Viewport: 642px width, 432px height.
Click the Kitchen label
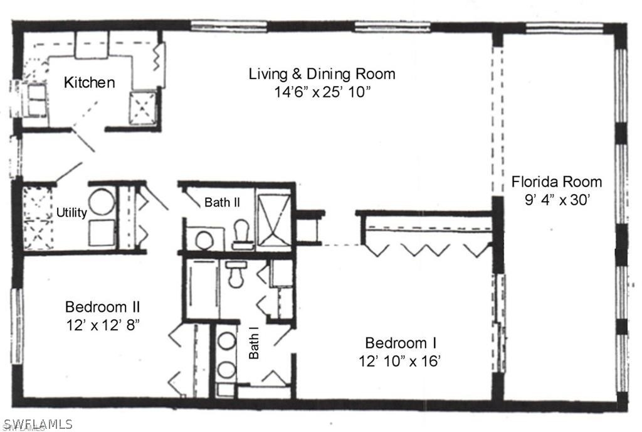[89, 82]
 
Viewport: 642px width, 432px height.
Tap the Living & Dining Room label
[322, 73]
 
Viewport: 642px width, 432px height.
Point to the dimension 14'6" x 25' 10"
[322, 92]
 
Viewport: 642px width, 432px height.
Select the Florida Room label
[557, 181]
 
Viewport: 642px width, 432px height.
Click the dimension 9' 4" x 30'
[557, 200]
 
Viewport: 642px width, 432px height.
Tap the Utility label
[71, 212]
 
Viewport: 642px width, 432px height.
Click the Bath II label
[222, 202]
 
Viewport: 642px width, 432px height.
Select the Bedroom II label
[102, 306]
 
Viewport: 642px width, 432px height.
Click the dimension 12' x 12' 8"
[103, 325]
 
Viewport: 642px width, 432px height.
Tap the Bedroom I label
[401, 343]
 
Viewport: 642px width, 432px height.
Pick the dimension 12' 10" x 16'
[399, 361]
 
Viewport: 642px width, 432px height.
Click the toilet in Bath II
[241, 235]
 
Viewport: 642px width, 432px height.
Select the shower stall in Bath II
[274, 220]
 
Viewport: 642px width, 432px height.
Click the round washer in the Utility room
[102, 202]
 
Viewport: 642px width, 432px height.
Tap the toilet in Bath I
[236, 274]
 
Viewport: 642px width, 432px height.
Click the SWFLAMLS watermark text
[37, 424]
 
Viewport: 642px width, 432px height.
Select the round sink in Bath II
[204, 239]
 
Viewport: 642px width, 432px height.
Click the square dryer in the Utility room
[102, 233]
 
